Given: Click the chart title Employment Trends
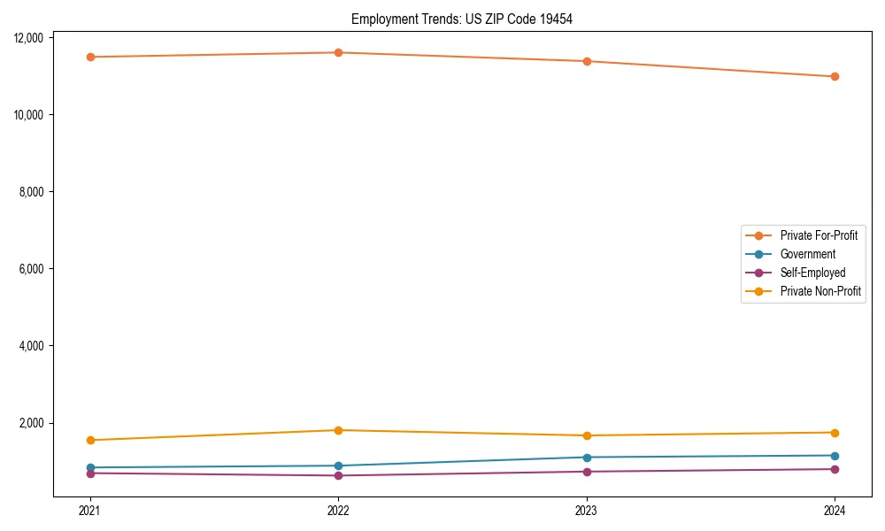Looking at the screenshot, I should click(x=462, y=19).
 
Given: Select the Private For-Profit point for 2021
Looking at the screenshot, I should click(x=90, y=57).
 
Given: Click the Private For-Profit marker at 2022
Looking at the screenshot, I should click(x=338, y=52).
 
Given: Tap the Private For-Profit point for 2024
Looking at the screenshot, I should click(x=835, y=76).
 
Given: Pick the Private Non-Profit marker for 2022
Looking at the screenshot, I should click(x=338, y=430).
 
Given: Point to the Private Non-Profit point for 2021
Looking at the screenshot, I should click(x=90, y=440).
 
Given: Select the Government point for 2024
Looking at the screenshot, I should click(x=835, y=456).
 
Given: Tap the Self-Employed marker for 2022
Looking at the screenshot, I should click(x=338, y=475).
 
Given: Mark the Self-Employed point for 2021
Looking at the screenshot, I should click(x=90, y=473).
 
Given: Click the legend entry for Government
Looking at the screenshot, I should click(x=807, y=254).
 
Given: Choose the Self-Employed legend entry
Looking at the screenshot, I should click(x=812, y=273).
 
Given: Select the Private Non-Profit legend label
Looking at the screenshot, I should click(x=820, y=291).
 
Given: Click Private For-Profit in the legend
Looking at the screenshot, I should click(x=819, y=235).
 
